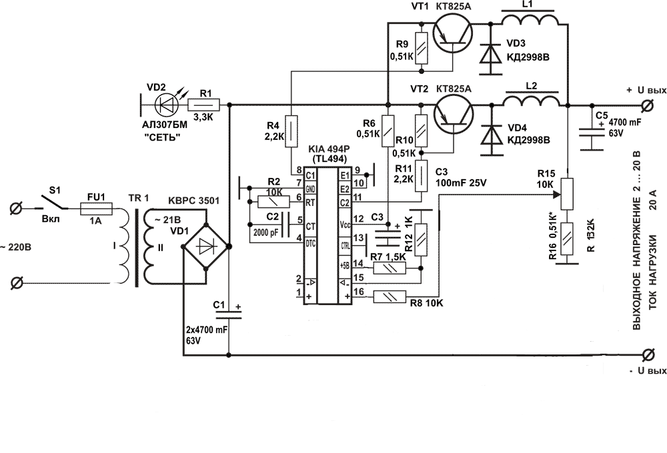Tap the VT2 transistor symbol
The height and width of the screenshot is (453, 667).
click(451, 113)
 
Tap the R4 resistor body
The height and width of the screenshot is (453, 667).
click(291, 128)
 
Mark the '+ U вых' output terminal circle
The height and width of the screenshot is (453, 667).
click(646, 105)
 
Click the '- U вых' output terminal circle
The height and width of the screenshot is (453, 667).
click(646, 354)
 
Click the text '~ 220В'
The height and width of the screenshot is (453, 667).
click(17, 247)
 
